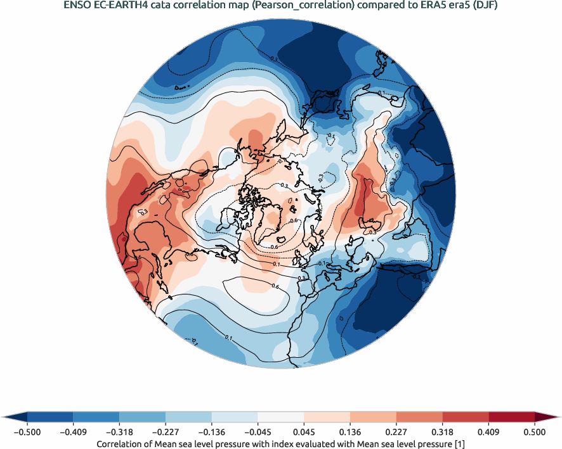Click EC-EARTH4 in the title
[122, 6]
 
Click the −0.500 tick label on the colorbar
[27, 431]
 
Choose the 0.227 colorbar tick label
[396, 431]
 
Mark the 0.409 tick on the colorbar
[488, 431]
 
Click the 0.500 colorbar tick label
[535, 431]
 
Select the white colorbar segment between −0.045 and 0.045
[281, 417]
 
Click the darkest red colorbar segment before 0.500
[511, 417]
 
